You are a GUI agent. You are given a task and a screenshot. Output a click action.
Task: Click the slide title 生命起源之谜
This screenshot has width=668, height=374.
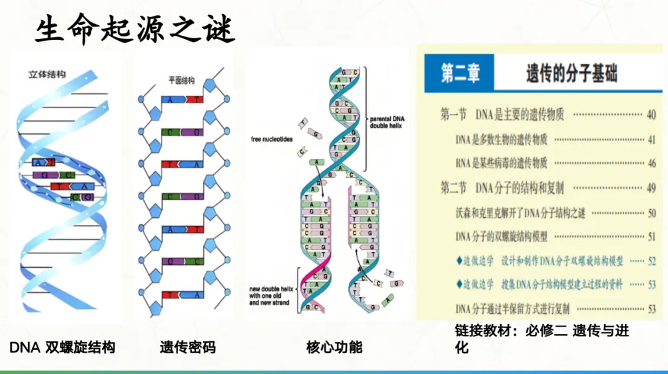134,29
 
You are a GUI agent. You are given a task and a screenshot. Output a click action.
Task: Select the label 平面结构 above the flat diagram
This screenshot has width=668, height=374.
181,80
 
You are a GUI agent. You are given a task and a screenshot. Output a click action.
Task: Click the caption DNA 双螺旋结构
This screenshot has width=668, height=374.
62,347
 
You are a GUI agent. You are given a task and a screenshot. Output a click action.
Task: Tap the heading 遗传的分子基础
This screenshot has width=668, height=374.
572,75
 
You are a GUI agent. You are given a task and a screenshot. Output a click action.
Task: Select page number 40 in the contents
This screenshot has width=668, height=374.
651,115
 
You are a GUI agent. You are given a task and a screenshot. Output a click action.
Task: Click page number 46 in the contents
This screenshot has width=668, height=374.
651,163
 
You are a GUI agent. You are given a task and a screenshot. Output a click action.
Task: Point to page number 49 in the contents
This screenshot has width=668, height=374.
651,188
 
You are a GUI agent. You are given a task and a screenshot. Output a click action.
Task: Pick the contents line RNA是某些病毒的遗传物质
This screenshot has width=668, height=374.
501,163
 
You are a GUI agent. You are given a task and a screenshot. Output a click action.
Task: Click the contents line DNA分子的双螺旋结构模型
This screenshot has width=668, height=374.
501,236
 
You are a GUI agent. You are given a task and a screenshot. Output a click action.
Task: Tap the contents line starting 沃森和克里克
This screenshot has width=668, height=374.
520,213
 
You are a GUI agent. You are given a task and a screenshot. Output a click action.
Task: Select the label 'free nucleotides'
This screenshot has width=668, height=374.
271,139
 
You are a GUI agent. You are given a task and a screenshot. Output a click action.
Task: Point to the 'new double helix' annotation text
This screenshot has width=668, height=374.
270,295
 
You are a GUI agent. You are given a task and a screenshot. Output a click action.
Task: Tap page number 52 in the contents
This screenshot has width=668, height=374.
651,261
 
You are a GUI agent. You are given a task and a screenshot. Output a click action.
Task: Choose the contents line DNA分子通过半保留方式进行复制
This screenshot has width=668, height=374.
512,308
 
